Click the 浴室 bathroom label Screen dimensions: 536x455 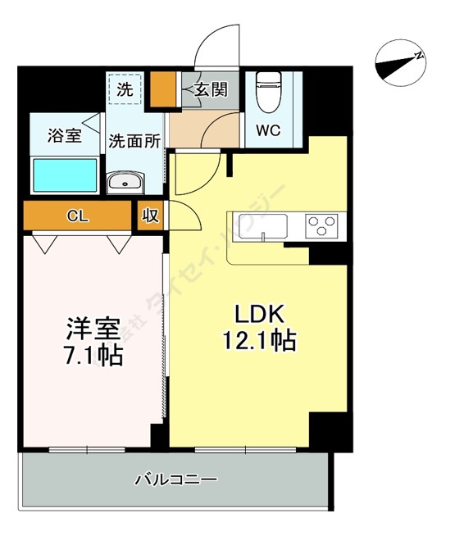tap(64, 135)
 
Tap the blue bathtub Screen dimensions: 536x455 tap(64, 174)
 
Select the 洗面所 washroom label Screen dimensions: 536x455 tap(135, 140)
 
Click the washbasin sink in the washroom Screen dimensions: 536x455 tap(125, 181)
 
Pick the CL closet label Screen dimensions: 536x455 tap(78, 216)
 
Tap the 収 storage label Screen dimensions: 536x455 tap(151, 216)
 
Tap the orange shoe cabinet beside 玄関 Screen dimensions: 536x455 tap(167, 89)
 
